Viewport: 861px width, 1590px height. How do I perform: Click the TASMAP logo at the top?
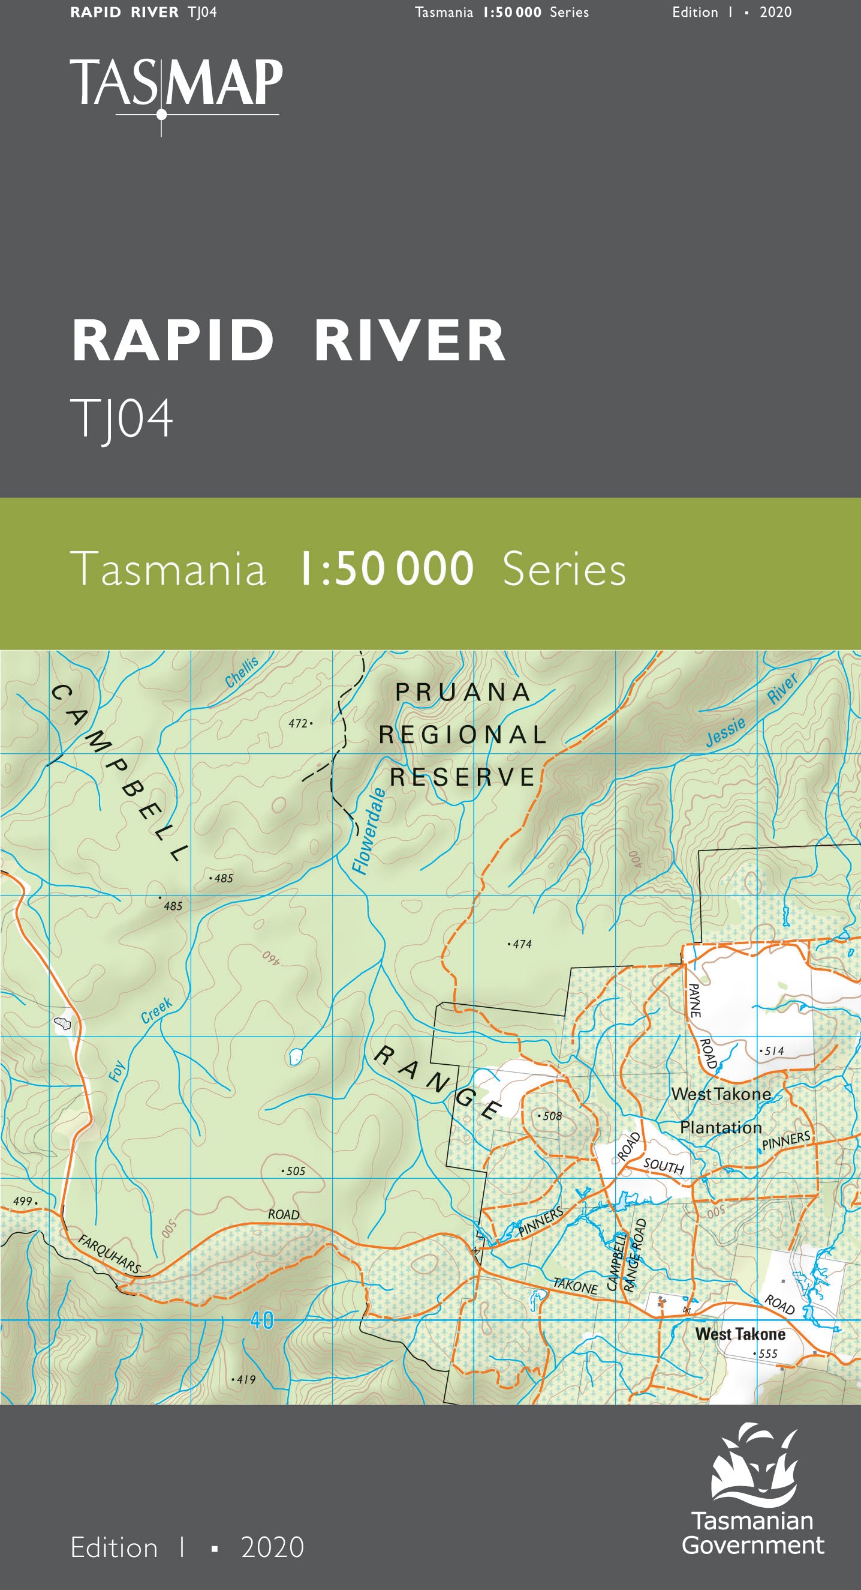(176, 86)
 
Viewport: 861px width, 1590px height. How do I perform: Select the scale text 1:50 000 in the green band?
(386, 568)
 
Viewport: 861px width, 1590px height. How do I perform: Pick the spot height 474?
(520, 944)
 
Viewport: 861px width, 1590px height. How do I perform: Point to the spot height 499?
(23, 1200)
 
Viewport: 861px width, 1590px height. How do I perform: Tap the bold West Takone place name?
(740, 1334)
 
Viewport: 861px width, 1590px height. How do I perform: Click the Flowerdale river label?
(369, 830)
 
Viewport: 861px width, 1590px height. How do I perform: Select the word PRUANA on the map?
(462, 692)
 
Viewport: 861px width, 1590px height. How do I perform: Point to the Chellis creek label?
(241, 672)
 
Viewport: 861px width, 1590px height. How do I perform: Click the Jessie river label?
(725, 732)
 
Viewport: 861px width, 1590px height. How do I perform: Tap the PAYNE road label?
(694, 1000)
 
